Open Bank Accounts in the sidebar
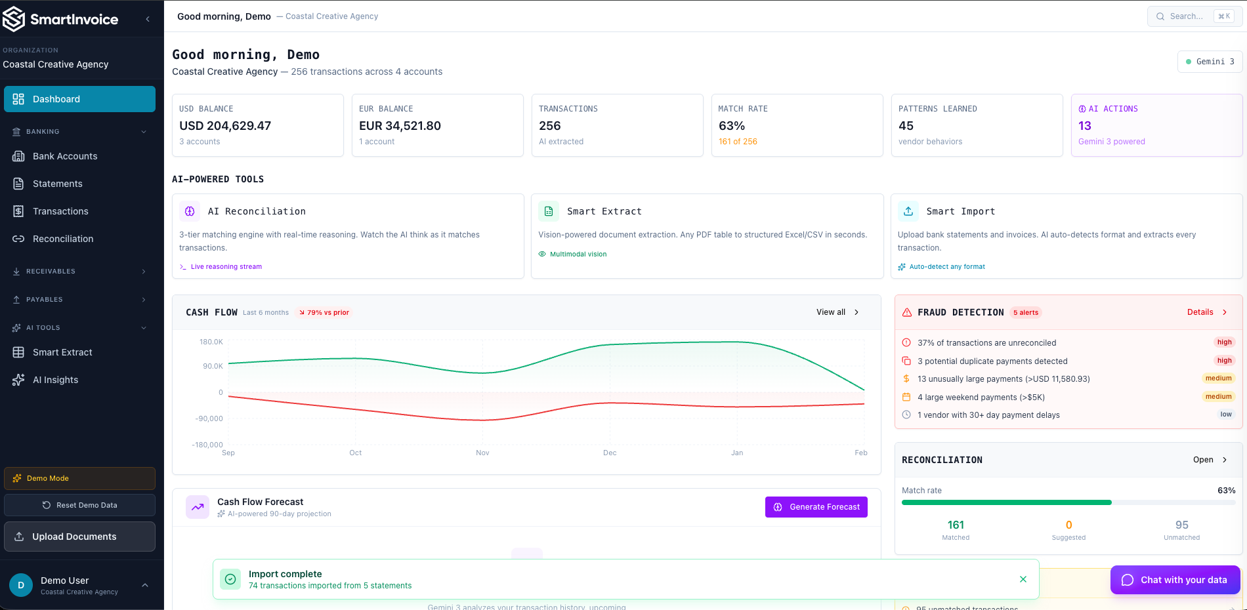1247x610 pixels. [x=65, y=156]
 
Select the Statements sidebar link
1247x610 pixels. [x=57, y=184]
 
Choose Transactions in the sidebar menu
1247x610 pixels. [x=60, y=211]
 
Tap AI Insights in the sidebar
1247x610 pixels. [x=55, y=380]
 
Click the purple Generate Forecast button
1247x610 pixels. [x=816, y=507]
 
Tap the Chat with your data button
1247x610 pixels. [x=1175, y=580]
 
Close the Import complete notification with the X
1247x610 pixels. [x=1023, y=579]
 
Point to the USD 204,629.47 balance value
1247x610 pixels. [x=225, y=126]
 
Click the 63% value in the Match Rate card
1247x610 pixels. [x=731, y=126]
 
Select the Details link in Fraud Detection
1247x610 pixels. [x=1200, y=312]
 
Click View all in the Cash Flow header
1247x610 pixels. [x=831, y=312]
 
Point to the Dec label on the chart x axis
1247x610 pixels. [x=610, y=453]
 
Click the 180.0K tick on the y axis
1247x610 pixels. [x=211, y=342]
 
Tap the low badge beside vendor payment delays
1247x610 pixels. [x=1225, y=415]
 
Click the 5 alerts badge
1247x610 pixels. [x=1025, y=313]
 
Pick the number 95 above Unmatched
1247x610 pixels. [x=1181, y=525]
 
